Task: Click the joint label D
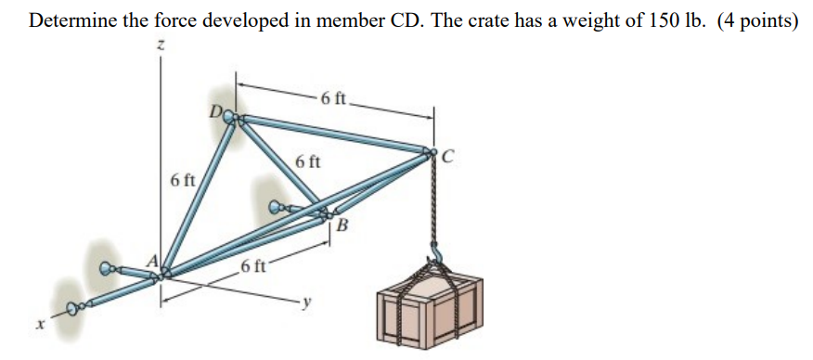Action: tap(216, 114)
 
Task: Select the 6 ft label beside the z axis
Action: tap(183, 179)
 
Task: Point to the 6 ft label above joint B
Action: tap(308, 163)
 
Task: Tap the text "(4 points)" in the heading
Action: tap(757, 22)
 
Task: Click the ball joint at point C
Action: tap(431, 152)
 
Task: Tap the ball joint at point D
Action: tap(233, 118)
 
